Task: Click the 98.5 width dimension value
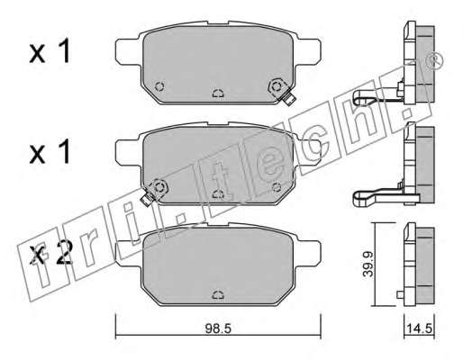[x=218, y=328]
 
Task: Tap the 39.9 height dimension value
[x=368, y=264]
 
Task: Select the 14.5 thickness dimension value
[x=420, y=328]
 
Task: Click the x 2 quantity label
[x=51, y=255]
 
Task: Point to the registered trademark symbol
[x=434, y=60]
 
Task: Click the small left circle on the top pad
[x=159, y=86]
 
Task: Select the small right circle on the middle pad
[x=277, y=187]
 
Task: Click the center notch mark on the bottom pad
[x=218, y=295]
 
